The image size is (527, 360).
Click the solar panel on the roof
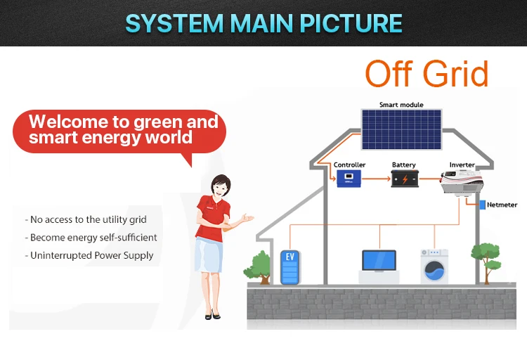(401, 129)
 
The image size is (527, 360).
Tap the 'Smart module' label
(401, 105)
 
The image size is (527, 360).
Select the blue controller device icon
(349, 179)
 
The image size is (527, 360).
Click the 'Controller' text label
(349, 165)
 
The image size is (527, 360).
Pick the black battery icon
(404, 179)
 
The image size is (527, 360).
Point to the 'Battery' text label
(404, 165)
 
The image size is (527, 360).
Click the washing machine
(434, 266)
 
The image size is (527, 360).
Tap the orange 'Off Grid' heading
(427, 74)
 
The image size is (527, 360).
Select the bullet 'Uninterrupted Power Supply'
(91, 255)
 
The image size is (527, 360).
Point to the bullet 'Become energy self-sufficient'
(93, 238)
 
